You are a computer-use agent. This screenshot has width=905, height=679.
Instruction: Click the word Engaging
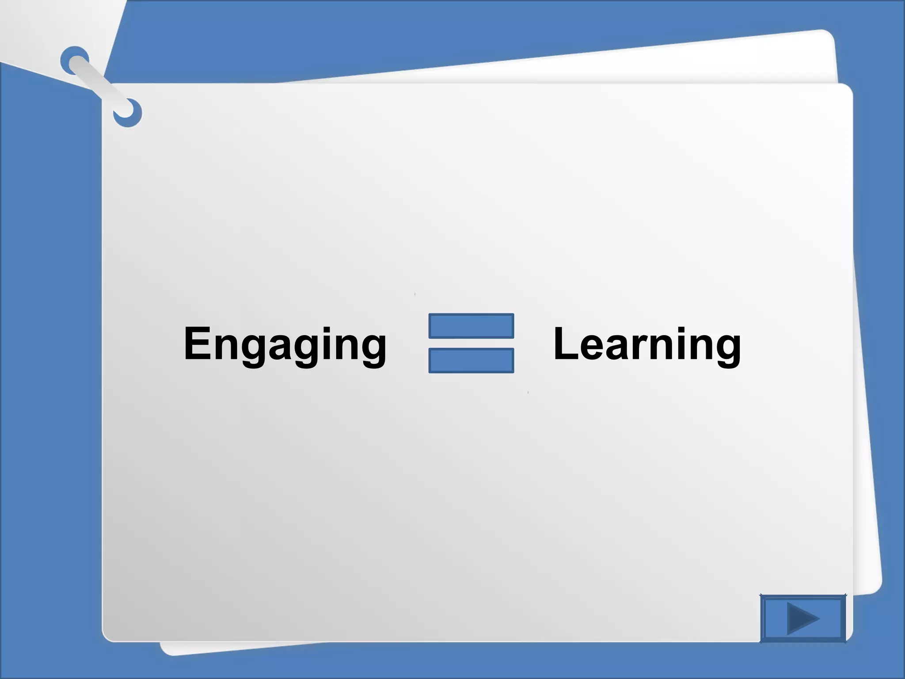click(285, 344)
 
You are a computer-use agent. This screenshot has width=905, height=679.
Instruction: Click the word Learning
click(647, 344)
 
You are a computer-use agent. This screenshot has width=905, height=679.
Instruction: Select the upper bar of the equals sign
click(471, 326)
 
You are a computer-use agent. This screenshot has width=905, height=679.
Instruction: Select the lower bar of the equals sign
click(471, 360)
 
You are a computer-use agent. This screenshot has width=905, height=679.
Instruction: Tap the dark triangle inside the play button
click(801, 618)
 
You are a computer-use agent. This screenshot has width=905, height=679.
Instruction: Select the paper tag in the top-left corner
click(44, 31)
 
